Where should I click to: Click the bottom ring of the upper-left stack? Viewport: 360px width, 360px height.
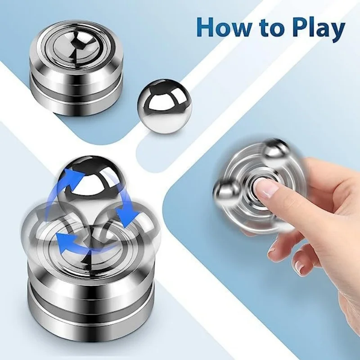tap(77, 101)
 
